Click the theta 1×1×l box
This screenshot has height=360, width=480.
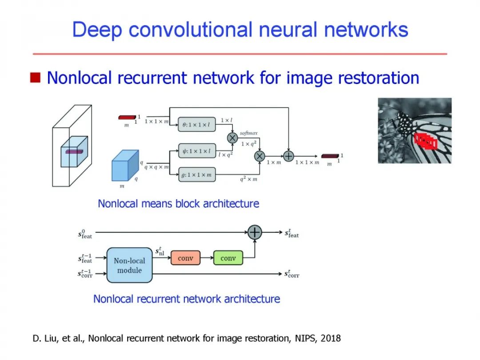[x=196, y=125]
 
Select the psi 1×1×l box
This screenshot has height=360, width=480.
[x=196, y=151]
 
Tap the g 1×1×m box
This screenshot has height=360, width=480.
[x=196, y=175]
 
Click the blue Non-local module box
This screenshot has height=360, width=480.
[x=129, y=265]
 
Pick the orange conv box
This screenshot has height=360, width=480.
[x=185, y=258]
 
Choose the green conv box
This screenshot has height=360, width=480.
[x=228, y=258]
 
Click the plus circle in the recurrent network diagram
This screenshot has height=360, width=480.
[x=255, y=232]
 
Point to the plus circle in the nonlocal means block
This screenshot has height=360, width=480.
[x=288, y=156]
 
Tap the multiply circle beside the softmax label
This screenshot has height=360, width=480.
[x=232, y=138]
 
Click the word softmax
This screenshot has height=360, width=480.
[x=248, y=132]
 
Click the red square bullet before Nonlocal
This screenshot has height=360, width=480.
[x=35, y=78]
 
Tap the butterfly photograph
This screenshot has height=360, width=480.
[x=414, y=130]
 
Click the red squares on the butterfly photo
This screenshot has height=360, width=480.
[x=425, y=141]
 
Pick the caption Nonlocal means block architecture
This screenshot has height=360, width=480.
[x=178, y=204]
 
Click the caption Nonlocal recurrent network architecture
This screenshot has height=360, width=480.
[x=186, y=299]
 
